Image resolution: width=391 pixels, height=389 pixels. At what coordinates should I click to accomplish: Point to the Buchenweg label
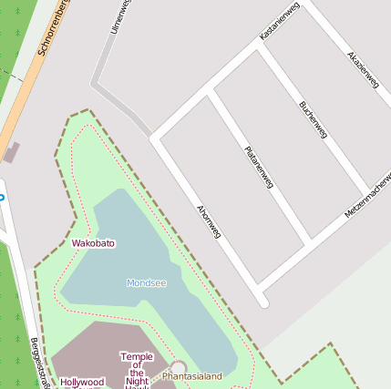313,119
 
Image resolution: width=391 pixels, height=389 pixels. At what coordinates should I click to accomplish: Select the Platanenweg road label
259,167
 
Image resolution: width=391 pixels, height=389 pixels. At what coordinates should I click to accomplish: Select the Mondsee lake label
147,283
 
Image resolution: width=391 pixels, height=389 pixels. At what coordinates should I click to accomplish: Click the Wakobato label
94,244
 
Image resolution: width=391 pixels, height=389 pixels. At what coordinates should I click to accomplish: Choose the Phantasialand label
192,375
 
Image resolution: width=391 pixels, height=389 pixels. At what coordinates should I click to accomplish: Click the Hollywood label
82,383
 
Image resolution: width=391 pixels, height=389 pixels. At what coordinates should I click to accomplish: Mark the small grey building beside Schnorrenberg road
11,152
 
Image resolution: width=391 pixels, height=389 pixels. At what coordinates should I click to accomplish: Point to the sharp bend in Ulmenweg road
94,86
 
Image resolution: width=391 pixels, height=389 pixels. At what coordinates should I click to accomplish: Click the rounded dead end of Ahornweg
262,302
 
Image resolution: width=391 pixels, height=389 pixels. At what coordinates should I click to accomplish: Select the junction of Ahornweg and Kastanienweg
156,138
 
